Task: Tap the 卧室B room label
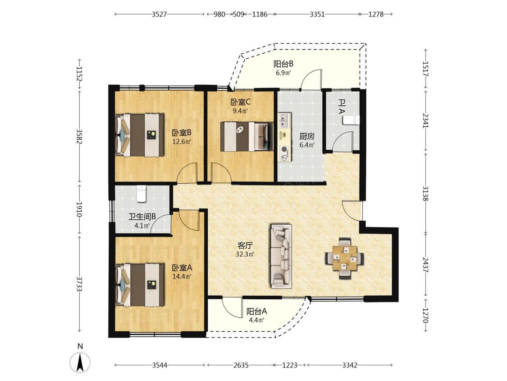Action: click(182, 133)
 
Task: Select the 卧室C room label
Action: click(241, 102)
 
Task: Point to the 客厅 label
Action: click(245, 245)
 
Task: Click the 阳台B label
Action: click(283, 64)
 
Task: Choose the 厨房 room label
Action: click(307, 136)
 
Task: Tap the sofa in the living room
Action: click(281, 256)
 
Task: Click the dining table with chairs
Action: click(345, 258)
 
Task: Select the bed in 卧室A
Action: click(140, 285)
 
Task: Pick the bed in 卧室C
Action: click(247, 136)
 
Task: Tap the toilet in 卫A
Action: click(351, 120)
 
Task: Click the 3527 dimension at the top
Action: click(159, 14)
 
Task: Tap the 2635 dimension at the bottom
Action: click(241, 365)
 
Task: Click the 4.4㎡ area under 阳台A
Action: click(256, 321)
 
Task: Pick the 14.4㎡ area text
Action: click(182, 276)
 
